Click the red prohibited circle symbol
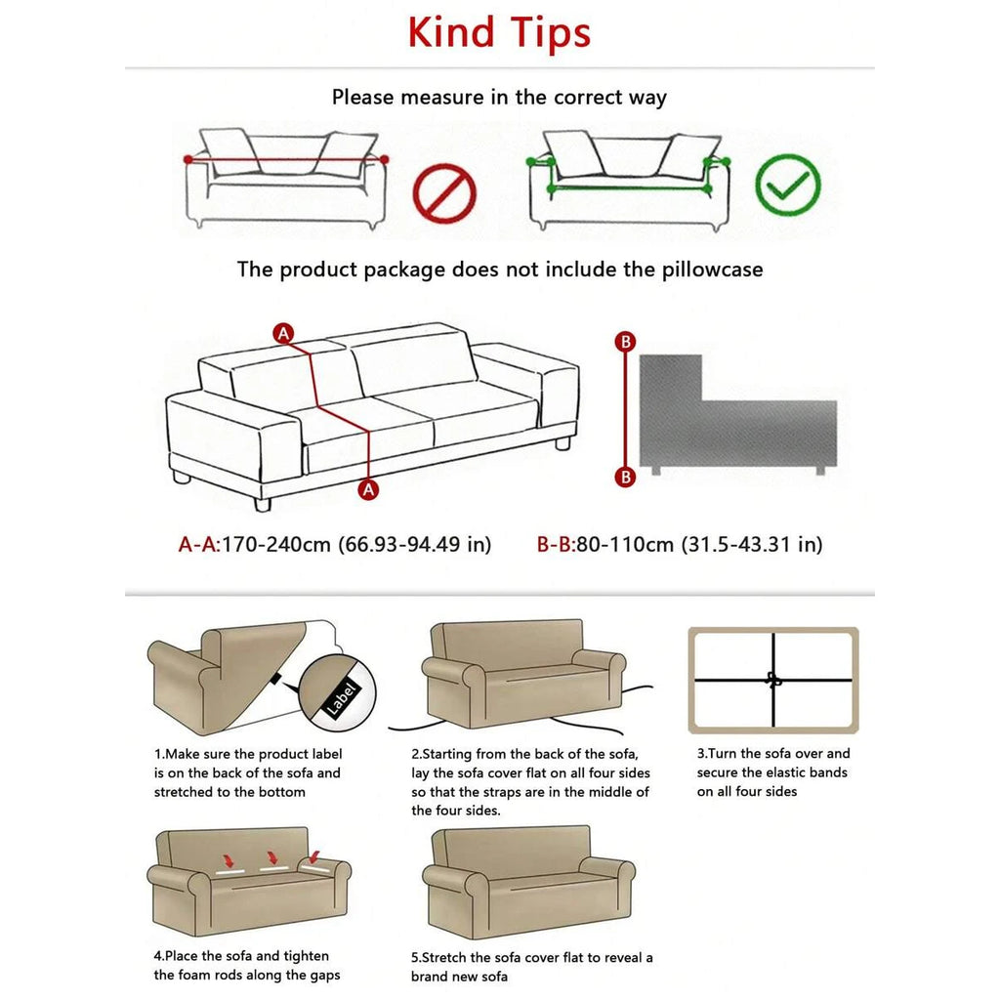[x=444, y=191]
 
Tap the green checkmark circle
[x=788, y=185]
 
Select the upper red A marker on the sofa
[x=283, y=333]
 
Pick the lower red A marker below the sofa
[x=368, y=490]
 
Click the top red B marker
[x=626, y=342]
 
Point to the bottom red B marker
[x=626, y=477]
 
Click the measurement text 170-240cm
[x=276, y=544]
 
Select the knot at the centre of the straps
[x=774, y=680]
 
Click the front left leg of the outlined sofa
[x=262, y=504]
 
